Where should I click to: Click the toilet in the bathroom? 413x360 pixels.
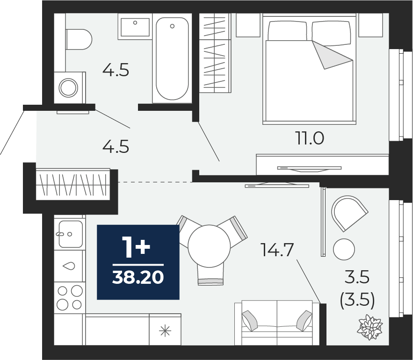[79, 39]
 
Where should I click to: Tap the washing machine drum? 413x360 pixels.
[68, 88]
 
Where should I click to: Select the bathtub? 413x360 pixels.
[172, 58]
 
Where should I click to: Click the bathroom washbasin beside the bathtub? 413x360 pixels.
[135, 26]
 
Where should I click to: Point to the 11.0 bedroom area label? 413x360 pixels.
[310, 138]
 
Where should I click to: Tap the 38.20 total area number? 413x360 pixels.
[138, 277]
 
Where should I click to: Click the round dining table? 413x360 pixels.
[209, 246]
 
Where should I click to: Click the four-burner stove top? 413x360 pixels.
[70, 298]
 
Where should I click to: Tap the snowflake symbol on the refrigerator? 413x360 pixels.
[165, 331]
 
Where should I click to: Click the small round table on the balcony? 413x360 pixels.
[344, 249]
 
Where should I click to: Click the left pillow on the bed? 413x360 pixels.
[288, 31]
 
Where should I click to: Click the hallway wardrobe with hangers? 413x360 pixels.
[73, 184]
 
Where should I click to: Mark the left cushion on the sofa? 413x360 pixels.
[250, 321]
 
